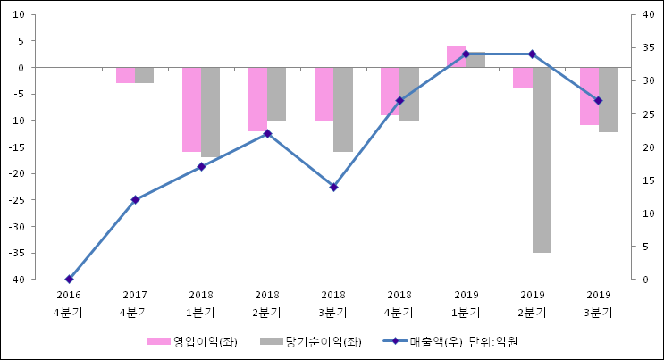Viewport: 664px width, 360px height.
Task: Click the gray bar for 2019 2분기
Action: (x=542, y=160)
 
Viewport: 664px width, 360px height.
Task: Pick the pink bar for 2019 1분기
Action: (x=456, y=56)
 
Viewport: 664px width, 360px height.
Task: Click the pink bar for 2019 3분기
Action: (x=588, y=96)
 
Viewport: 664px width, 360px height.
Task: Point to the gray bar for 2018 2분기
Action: (x=277, y=94)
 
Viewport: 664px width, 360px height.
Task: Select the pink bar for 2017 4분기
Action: (x=125, y=75)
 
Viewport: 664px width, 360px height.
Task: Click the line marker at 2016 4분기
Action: (x=69, y=280)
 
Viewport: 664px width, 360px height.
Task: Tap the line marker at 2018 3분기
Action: (x=333, y=187)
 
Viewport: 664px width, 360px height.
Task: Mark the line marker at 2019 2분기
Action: (x=532, y=54)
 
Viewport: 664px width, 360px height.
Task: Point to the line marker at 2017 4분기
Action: (x=135, y=200)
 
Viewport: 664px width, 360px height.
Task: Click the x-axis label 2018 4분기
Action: (x=399, y=304)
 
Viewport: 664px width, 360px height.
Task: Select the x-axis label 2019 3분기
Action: (x=598, y=304)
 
